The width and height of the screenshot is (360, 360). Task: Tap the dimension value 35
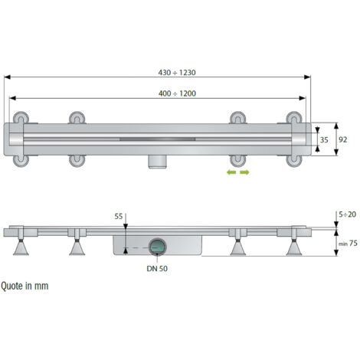(x=325, y=140)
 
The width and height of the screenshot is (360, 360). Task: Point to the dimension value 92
(x=344, y=140)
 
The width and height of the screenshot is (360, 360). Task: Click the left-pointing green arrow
(x=229, y=173)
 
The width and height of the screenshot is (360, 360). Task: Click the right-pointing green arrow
(x=245, y=173)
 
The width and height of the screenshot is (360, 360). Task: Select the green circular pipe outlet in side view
(x=159, y=246)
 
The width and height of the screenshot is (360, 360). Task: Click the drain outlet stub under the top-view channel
(x=159, y=161)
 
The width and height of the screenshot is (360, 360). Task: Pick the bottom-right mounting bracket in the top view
(x=294, y=159)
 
